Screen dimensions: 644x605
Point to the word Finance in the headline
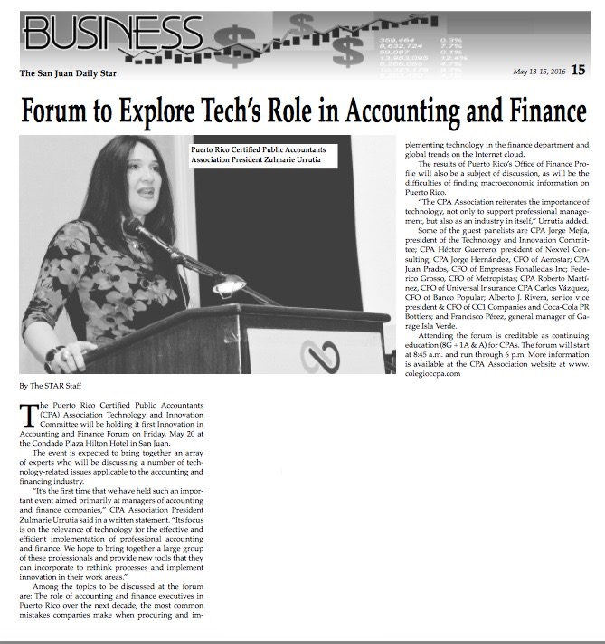pos(542,111)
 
